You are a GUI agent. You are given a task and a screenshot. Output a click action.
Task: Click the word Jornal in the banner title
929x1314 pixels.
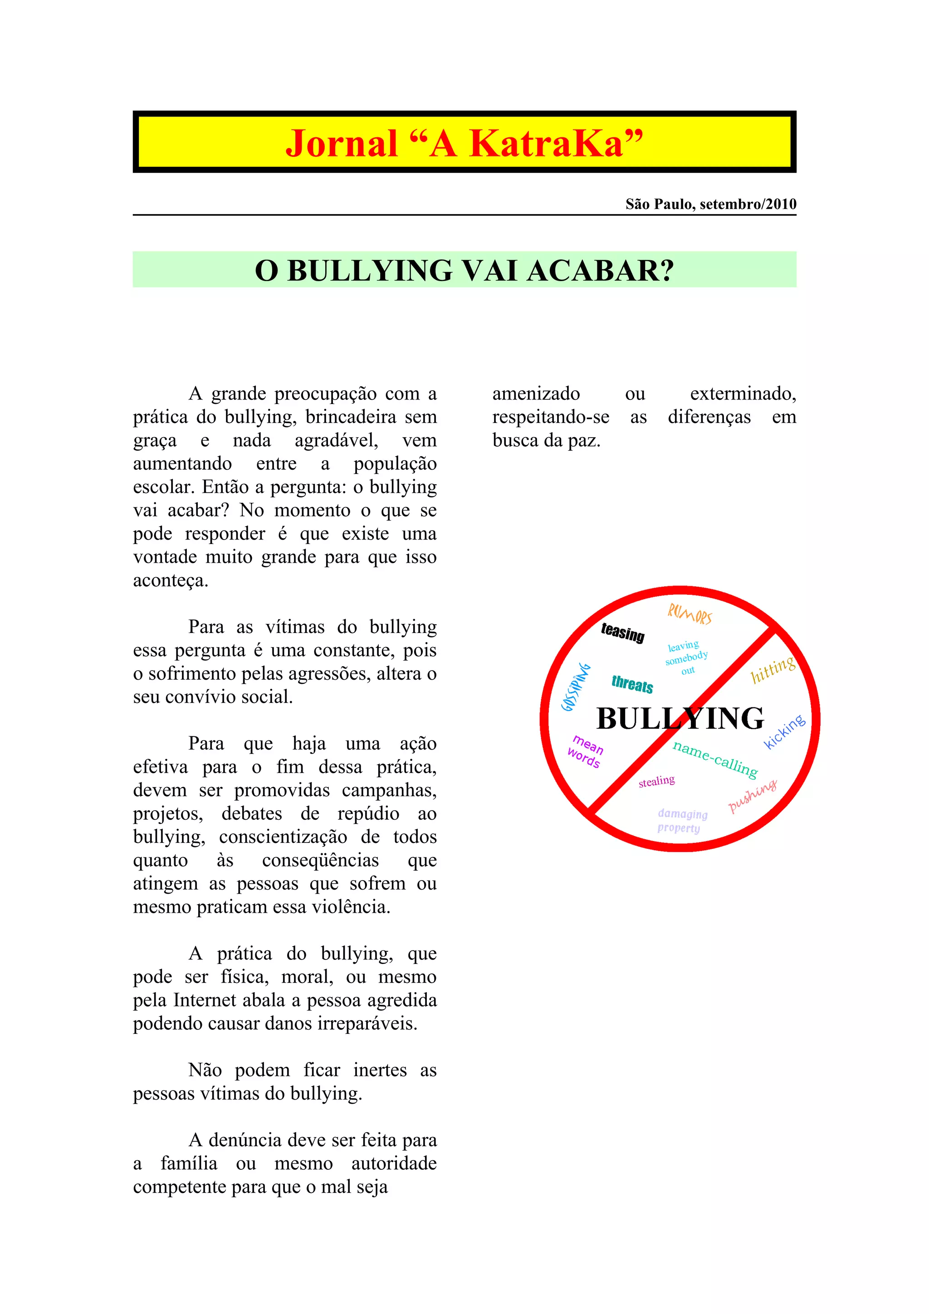[x=341, y=143]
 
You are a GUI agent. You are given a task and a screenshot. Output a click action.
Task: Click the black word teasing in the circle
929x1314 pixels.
[x=623, y=633]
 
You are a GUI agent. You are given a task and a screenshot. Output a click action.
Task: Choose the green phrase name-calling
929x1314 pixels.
[x=715, y=758]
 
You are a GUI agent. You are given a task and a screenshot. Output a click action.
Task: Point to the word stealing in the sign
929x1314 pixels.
[x=656, y=781]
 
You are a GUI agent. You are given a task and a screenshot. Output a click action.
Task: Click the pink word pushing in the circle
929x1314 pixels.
[x=752, y=795]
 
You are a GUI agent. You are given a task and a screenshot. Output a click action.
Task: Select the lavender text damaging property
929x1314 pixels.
[x=682, y=821]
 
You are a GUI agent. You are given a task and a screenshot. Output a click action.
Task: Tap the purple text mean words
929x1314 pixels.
[x=586, y=751]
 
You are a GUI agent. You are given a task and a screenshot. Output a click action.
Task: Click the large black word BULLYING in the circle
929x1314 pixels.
[x=680, y=719]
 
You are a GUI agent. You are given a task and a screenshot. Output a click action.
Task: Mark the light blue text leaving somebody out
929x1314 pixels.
[x=686, y=657]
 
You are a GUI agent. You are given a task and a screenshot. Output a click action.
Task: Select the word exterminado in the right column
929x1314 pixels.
[x=743, y=394]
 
